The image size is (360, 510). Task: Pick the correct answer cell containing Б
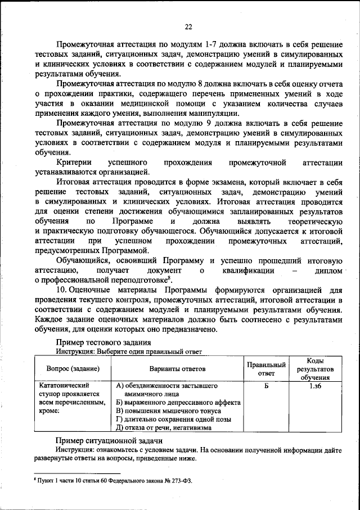pyautogui.click(x=267, y=387)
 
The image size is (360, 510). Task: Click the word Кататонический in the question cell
pyautogui.click(x=64, y=386)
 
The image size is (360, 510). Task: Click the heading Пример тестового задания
pyautogui.click(x=102, y=342)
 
